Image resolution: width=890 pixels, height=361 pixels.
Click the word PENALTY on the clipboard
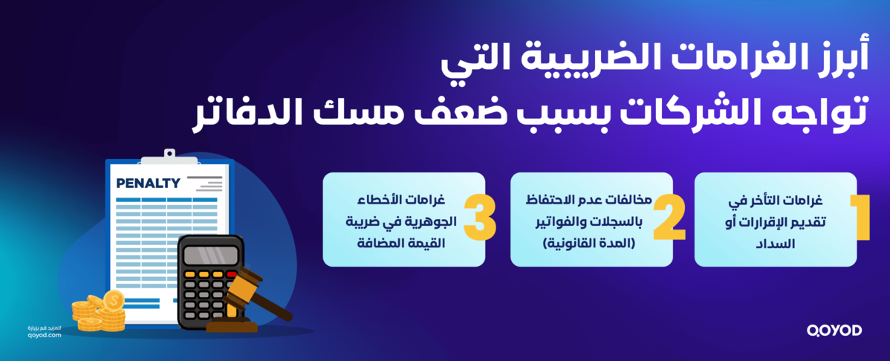148,183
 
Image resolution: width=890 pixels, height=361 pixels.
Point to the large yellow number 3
480,219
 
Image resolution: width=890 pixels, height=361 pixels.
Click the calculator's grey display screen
211,255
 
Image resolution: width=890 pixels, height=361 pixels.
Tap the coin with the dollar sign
114,300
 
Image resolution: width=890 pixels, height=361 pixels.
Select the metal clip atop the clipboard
169,157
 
